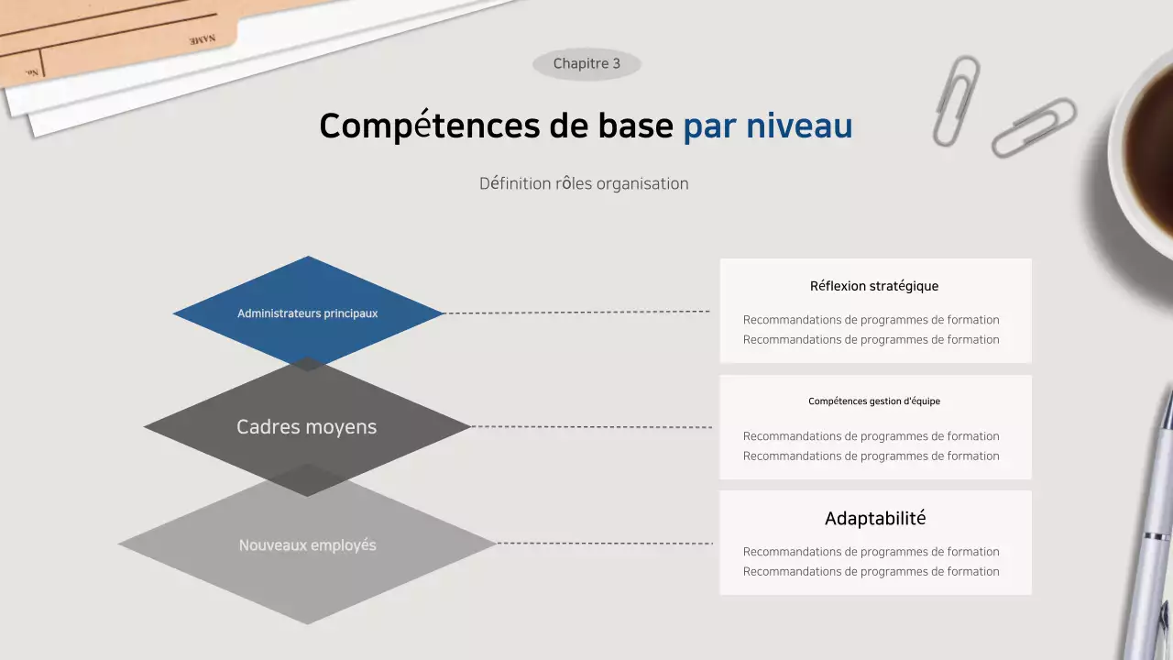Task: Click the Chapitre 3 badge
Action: pos(586,64)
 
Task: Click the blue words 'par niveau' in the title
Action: pos(767,126)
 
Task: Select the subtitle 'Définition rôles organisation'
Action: pos(584,183)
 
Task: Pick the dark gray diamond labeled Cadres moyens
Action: pos(307,427)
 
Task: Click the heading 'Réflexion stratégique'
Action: pos(874,286)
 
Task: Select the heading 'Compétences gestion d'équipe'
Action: pos(874,401)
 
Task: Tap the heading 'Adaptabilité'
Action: pos(875,519)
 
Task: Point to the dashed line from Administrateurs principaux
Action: pos(577,313)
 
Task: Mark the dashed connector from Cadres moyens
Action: pos(591,427)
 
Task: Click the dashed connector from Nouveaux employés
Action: pos(605,544)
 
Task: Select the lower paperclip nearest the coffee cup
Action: pos(1034,127)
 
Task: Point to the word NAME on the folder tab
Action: pos(203,40)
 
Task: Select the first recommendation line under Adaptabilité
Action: pos(871,552)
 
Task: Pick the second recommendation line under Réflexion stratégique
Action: pos(871,340)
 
